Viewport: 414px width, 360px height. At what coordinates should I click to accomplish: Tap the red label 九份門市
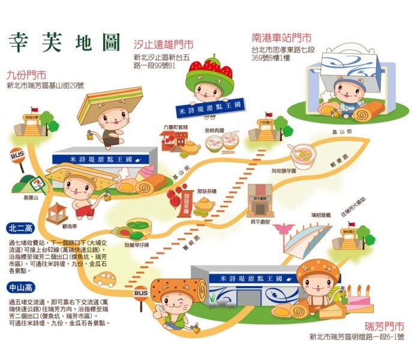click(x=27, y=76)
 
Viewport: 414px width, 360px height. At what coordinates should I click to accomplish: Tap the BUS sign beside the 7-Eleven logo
click(x=16, y=156)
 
